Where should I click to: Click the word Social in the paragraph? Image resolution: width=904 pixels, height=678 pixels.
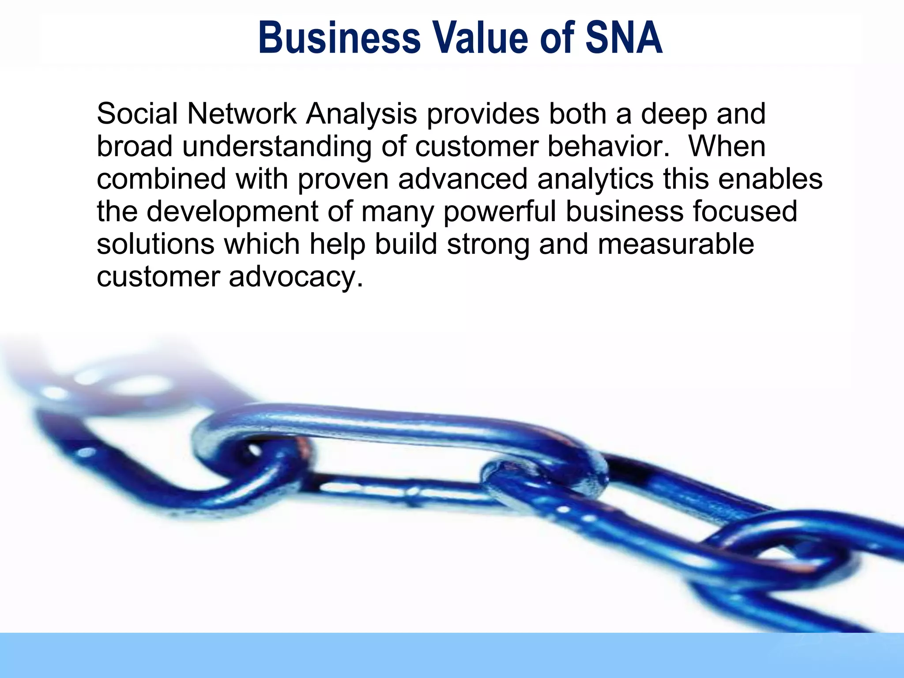pyautogui.click(x=137, y=114)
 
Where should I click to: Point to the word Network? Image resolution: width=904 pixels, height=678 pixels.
pyautogui.click(x=241, y=114)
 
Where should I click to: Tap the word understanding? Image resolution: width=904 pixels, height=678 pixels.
pyautogui.click(x=277, y=147)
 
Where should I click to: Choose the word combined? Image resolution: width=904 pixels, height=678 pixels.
pyautogui.click(x=162, y=179)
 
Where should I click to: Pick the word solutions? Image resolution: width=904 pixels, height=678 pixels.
pyautogui.click(x=155, y=245)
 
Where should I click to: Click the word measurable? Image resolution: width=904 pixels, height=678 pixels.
pyautogui.click(x=676, y=245)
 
